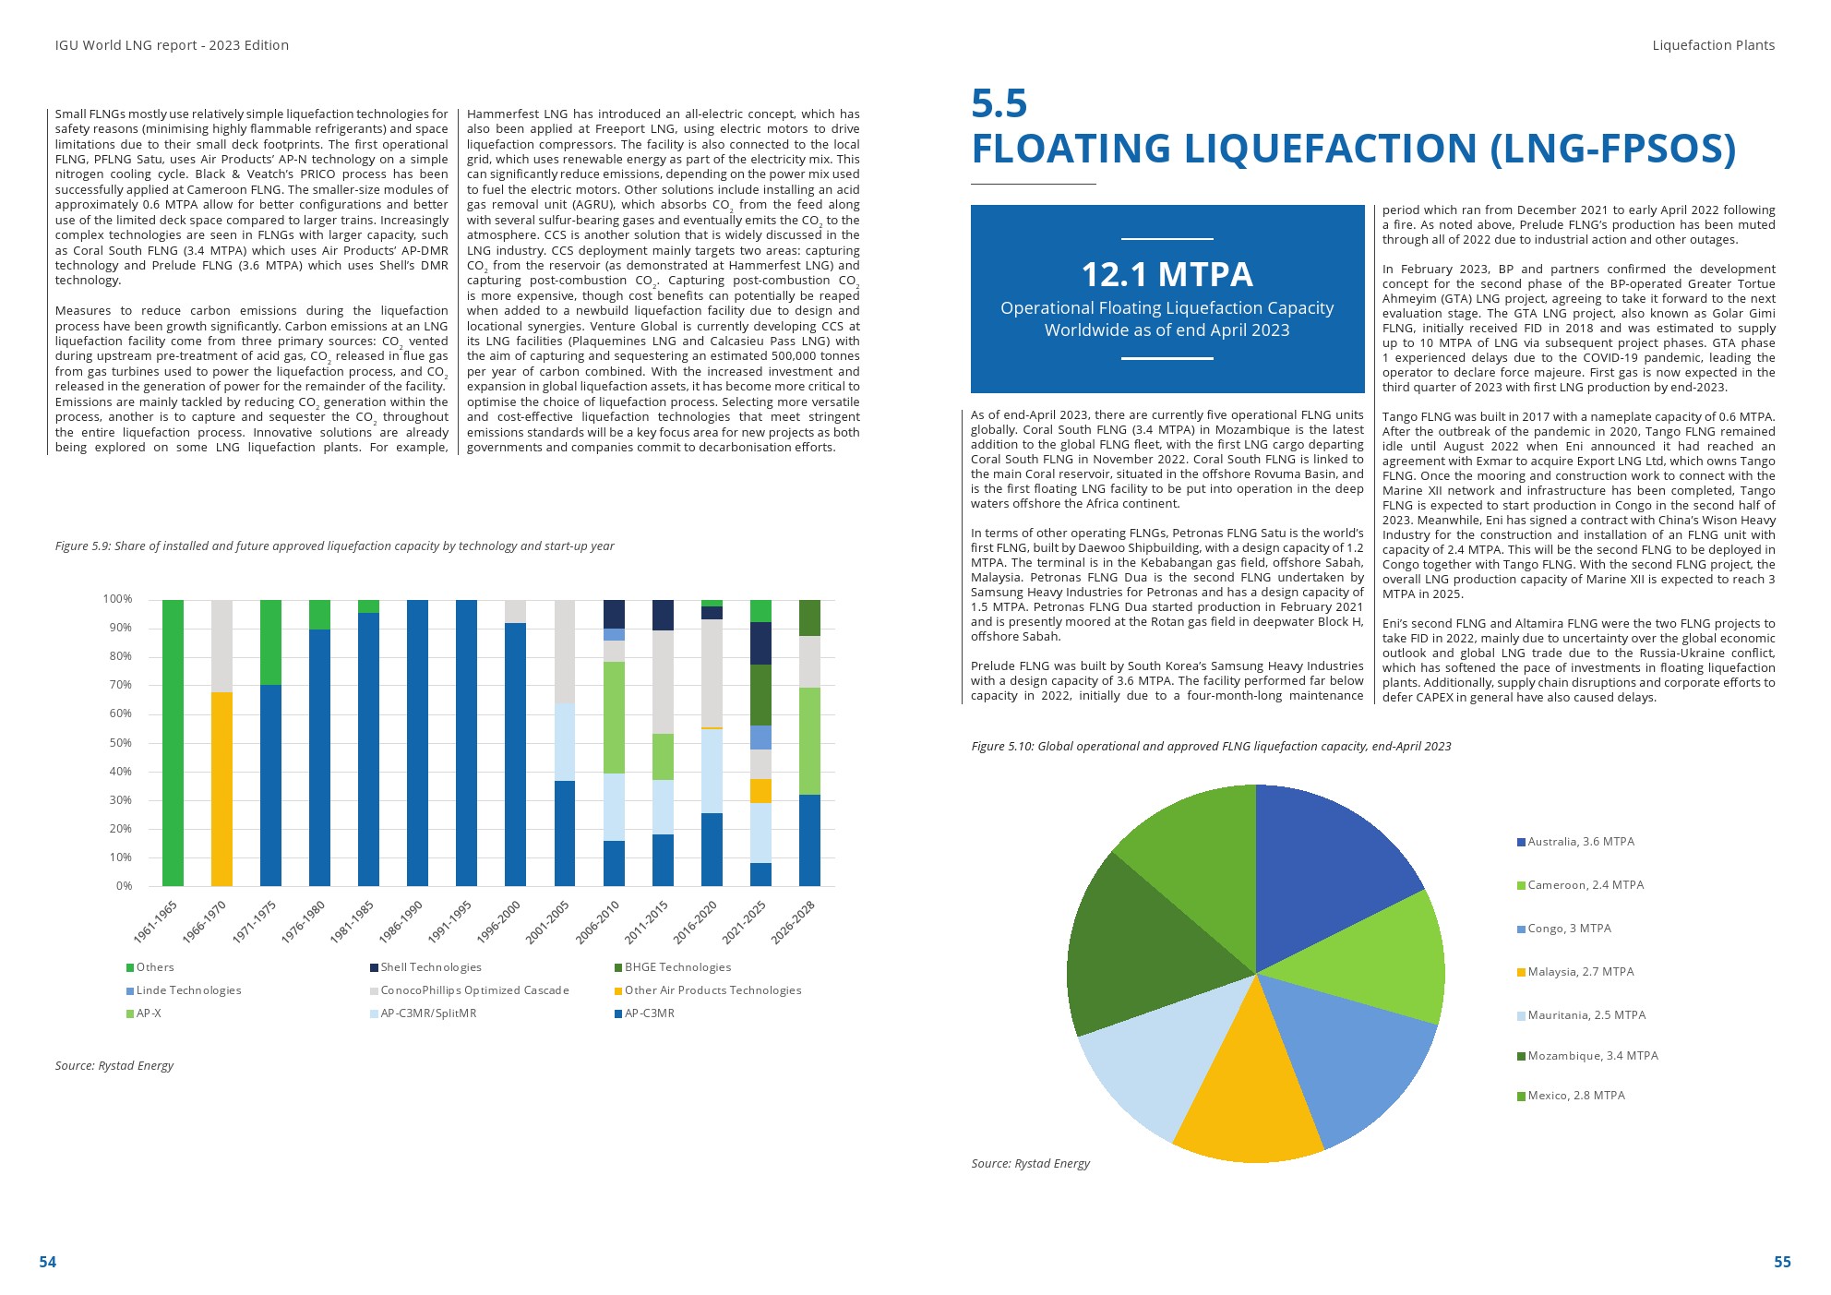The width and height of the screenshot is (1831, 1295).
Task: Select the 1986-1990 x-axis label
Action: (x=401, y=921)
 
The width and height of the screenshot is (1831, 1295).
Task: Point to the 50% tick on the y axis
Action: (x=121, y=743)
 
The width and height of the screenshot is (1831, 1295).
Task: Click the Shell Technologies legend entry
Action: (x=431, y=967)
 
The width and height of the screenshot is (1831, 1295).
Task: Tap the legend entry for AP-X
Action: (x=149, y=1013)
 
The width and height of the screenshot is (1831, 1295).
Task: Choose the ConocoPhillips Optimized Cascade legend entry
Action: (x=474, y=990)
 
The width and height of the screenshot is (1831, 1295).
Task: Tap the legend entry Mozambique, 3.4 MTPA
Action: (x=1592, y=1056)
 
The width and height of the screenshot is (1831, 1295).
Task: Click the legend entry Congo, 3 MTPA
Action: (x=1569, y=929)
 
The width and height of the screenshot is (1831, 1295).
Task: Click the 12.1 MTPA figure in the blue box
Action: (x=1167, y=274)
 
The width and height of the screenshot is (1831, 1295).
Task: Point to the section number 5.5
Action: (x=999, y=103)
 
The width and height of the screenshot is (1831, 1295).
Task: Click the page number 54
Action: (x=47, y=1262)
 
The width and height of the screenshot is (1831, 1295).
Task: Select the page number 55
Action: (x=1782, y=1262)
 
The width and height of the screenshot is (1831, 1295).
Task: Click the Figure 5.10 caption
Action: (x=1211, y=746)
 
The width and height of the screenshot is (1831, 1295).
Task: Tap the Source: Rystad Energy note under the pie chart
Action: (x=1030, y=1163)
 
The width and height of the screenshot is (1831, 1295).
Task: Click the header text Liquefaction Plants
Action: (x=1713, y=45)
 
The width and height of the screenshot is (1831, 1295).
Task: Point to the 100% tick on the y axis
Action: (x=118, y=599)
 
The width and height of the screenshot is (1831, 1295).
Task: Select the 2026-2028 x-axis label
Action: (x=794, y=921)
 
